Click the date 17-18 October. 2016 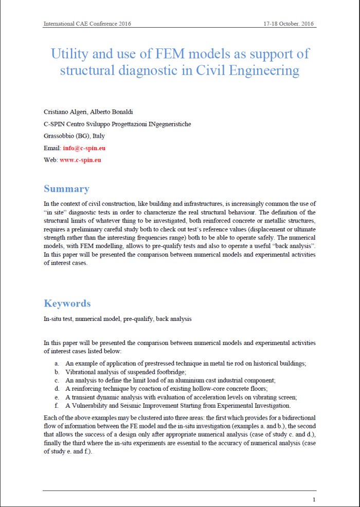290,24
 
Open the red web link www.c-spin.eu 80,160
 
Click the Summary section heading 66,189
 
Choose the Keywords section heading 67,303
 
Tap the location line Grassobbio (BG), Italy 74,136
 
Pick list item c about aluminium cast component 170,380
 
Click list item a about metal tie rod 185,363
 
